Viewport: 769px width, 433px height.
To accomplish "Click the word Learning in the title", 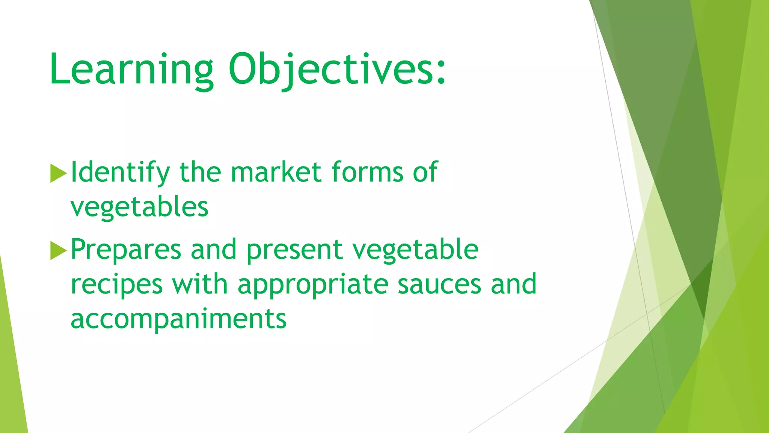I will click(131, 70).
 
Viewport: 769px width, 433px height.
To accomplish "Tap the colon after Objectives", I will click(441, 71).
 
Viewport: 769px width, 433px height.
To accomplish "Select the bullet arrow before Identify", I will click(58, 173).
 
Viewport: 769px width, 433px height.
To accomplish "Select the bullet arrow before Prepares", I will click(58, 251).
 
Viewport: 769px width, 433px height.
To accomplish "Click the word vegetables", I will click(139, 207).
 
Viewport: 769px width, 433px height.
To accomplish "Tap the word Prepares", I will click(126, 250).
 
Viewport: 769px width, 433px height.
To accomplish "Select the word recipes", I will click(116, 285).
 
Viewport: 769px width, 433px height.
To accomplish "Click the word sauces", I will click(439, 285).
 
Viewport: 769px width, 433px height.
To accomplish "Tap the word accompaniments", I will click(178, 319).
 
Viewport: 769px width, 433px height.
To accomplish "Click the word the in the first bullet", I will click(200, 172).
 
